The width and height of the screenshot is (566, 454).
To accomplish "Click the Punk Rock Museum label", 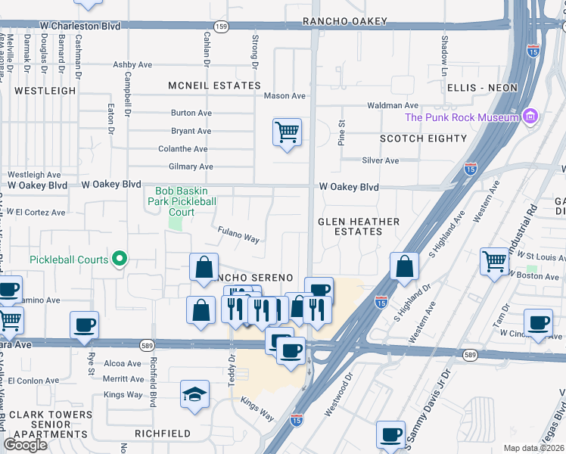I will point(461,117).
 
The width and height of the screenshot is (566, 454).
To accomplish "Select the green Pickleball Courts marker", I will point(119,260).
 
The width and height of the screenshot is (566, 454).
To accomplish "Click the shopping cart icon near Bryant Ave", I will point(287,132).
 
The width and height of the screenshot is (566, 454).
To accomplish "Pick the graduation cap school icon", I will point(194,394).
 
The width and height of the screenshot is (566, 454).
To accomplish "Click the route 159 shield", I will point(220,26).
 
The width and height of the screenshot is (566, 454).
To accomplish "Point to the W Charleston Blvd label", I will point(81,26).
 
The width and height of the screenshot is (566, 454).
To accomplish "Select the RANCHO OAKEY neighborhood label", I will point(338,21).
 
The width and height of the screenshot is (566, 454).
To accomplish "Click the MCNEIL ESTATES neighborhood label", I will point(204,86).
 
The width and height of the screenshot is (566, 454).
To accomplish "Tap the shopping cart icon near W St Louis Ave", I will point(494,262).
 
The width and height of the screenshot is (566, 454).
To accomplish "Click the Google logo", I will point(25,445).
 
